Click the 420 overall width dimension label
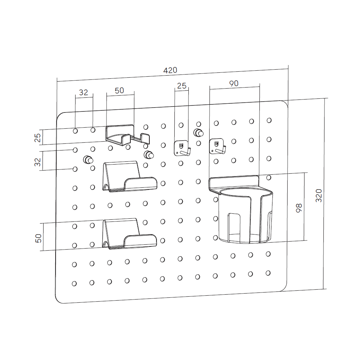click(x=170, y=70)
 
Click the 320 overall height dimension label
click(x=319, y=195)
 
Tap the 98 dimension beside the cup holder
click(x=299, y=208)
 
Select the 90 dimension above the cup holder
click(x=234, y=83)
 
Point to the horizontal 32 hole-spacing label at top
click(x=84, y=92)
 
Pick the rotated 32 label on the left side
click(x=37, y=162)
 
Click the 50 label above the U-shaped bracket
click(x=120, y=90)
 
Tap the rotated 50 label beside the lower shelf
click(x=38, y=238)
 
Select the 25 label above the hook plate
click(x=182, y=86)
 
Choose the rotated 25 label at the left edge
click(x=37, y=138)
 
